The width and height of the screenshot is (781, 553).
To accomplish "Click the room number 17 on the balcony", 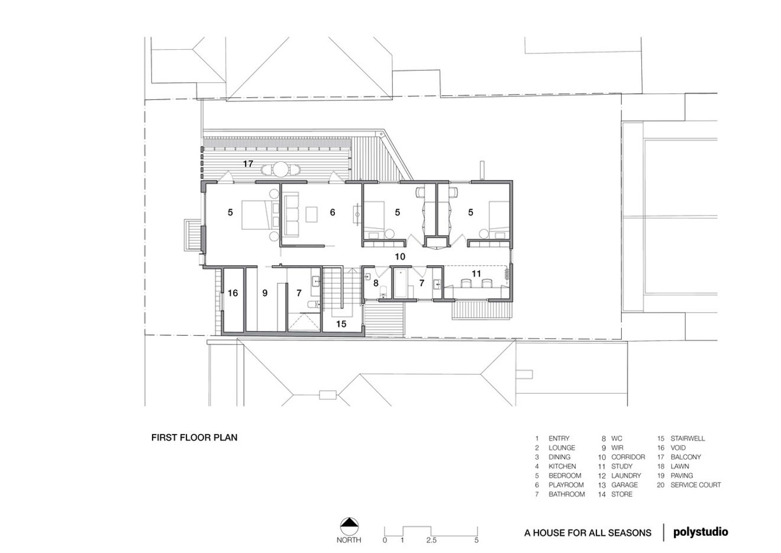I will (x=247, y=163).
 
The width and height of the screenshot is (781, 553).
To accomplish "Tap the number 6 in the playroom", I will (x=333, y=212).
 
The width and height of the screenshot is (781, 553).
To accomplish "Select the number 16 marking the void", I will (x=233, y=293).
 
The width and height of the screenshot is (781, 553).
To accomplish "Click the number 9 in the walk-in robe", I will (x=265, y=293).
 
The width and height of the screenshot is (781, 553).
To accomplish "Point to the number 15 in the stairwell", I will (x=341, y=324).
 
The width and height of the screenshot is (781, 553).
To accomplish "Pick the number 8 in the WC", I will (x=375, y=283).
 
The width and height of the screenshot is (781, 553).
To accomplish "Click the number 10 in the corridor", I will (x=400, y=256).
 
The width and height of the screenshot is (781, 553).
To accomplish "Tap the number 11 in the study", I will (x=476, y=274).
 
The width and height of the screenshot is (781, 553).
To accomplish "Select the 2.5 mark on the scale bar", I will (x=431, y=540).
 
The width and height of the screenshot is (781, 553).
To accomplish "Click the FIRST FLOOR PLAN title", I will (x=194, y=438).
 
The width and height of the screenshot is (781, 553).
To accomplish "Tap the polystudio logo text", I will (x=701, y=532).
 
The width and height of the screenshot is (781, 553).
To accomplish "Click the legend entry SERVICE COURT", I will (x=695, y=485).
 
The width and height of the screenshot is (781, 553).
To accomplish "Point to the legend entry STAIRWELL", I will (x=688, y=439).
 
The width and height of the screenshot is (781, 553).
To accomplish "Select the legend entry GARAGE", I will (x=624, y=485).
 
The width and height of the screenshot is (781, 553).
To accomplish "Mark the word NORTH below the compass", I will (x=349, y=540).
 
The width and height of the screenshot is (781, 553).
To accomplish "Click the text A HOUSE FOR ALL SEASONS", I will (x=588, y=533).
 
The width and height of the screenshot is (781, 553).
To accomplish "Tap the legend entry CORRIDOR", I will (x=628, y=457).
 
